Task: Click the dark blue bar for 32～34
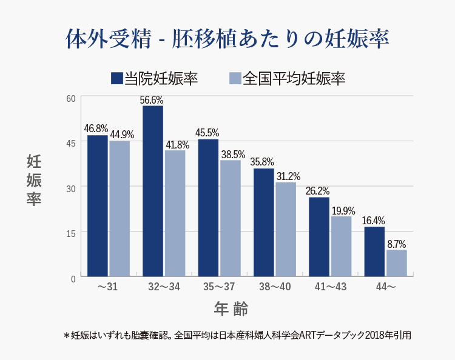click(x=153, y=191)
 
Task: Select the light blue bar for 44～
click(x=396, y=263)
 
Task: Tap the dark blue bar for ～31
click(x=98, y=205)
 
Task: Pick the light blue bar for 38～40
click(x=286, y=229)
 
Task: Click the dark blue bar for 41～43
click(x=319, y=236)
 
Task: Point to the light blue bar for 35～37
click(x=231, y=218)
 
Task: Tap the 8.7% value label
click(x=396, y=244)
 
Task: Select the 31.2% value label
click(x=286, y=176)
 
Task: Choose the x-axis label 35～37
click(x=220, y=287)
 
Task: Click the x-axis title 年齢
click(x=231, y=308)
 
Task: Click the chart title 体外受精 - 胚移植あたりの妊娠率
click(x=227, y=38)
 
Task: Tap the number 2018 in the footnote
click(x=365, y=335)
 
